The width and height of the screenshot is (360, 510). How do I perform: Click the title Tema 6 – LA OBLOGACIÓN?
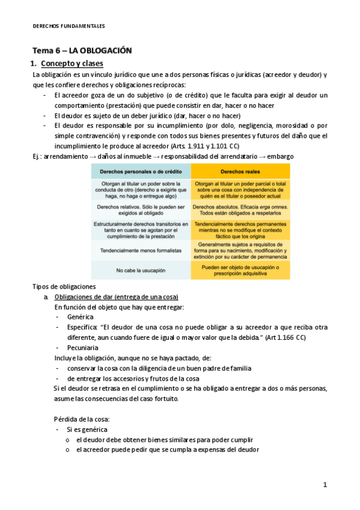82,51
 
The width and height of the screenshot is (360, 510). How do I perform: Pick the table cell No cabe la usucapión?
140,270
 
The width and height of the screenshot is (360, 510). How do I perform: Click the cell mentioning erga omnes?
240,209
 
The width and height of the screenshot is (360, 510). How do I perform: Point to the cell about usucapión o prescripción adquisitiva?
240,270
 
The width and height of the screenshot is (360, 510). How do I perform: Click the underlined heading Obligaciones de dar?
115,297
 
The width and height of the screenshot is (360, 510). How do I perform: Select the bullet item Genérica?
80,317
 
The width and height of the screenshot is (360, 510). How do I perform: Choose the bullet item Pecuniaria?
83,348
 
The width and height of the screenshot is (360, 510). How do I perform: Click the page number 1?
325,485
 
